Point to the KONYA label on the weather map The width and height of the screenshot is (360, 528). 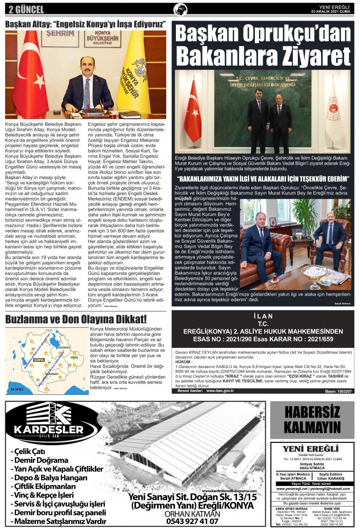[38, 360]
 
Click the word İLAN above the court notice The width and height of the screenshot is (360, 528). [264, 316]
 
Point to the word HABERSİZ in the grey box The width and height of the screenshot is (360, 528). [312, 412]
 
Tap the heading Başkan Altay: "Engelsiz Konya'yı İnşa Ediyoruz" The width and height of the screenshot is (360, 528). [85, 24]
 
